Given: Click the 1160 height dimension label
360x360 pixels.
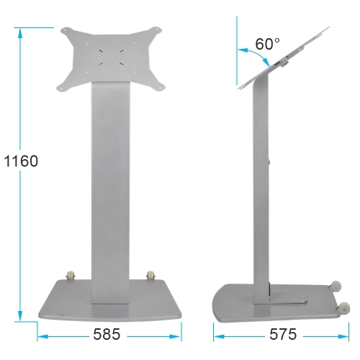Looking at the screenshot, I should (20, 161).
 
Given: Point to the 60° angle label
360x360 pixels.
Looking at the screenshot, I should (267, 44).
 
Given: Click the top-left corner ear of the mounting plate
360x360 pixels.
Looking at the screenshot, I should (66, 31).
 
